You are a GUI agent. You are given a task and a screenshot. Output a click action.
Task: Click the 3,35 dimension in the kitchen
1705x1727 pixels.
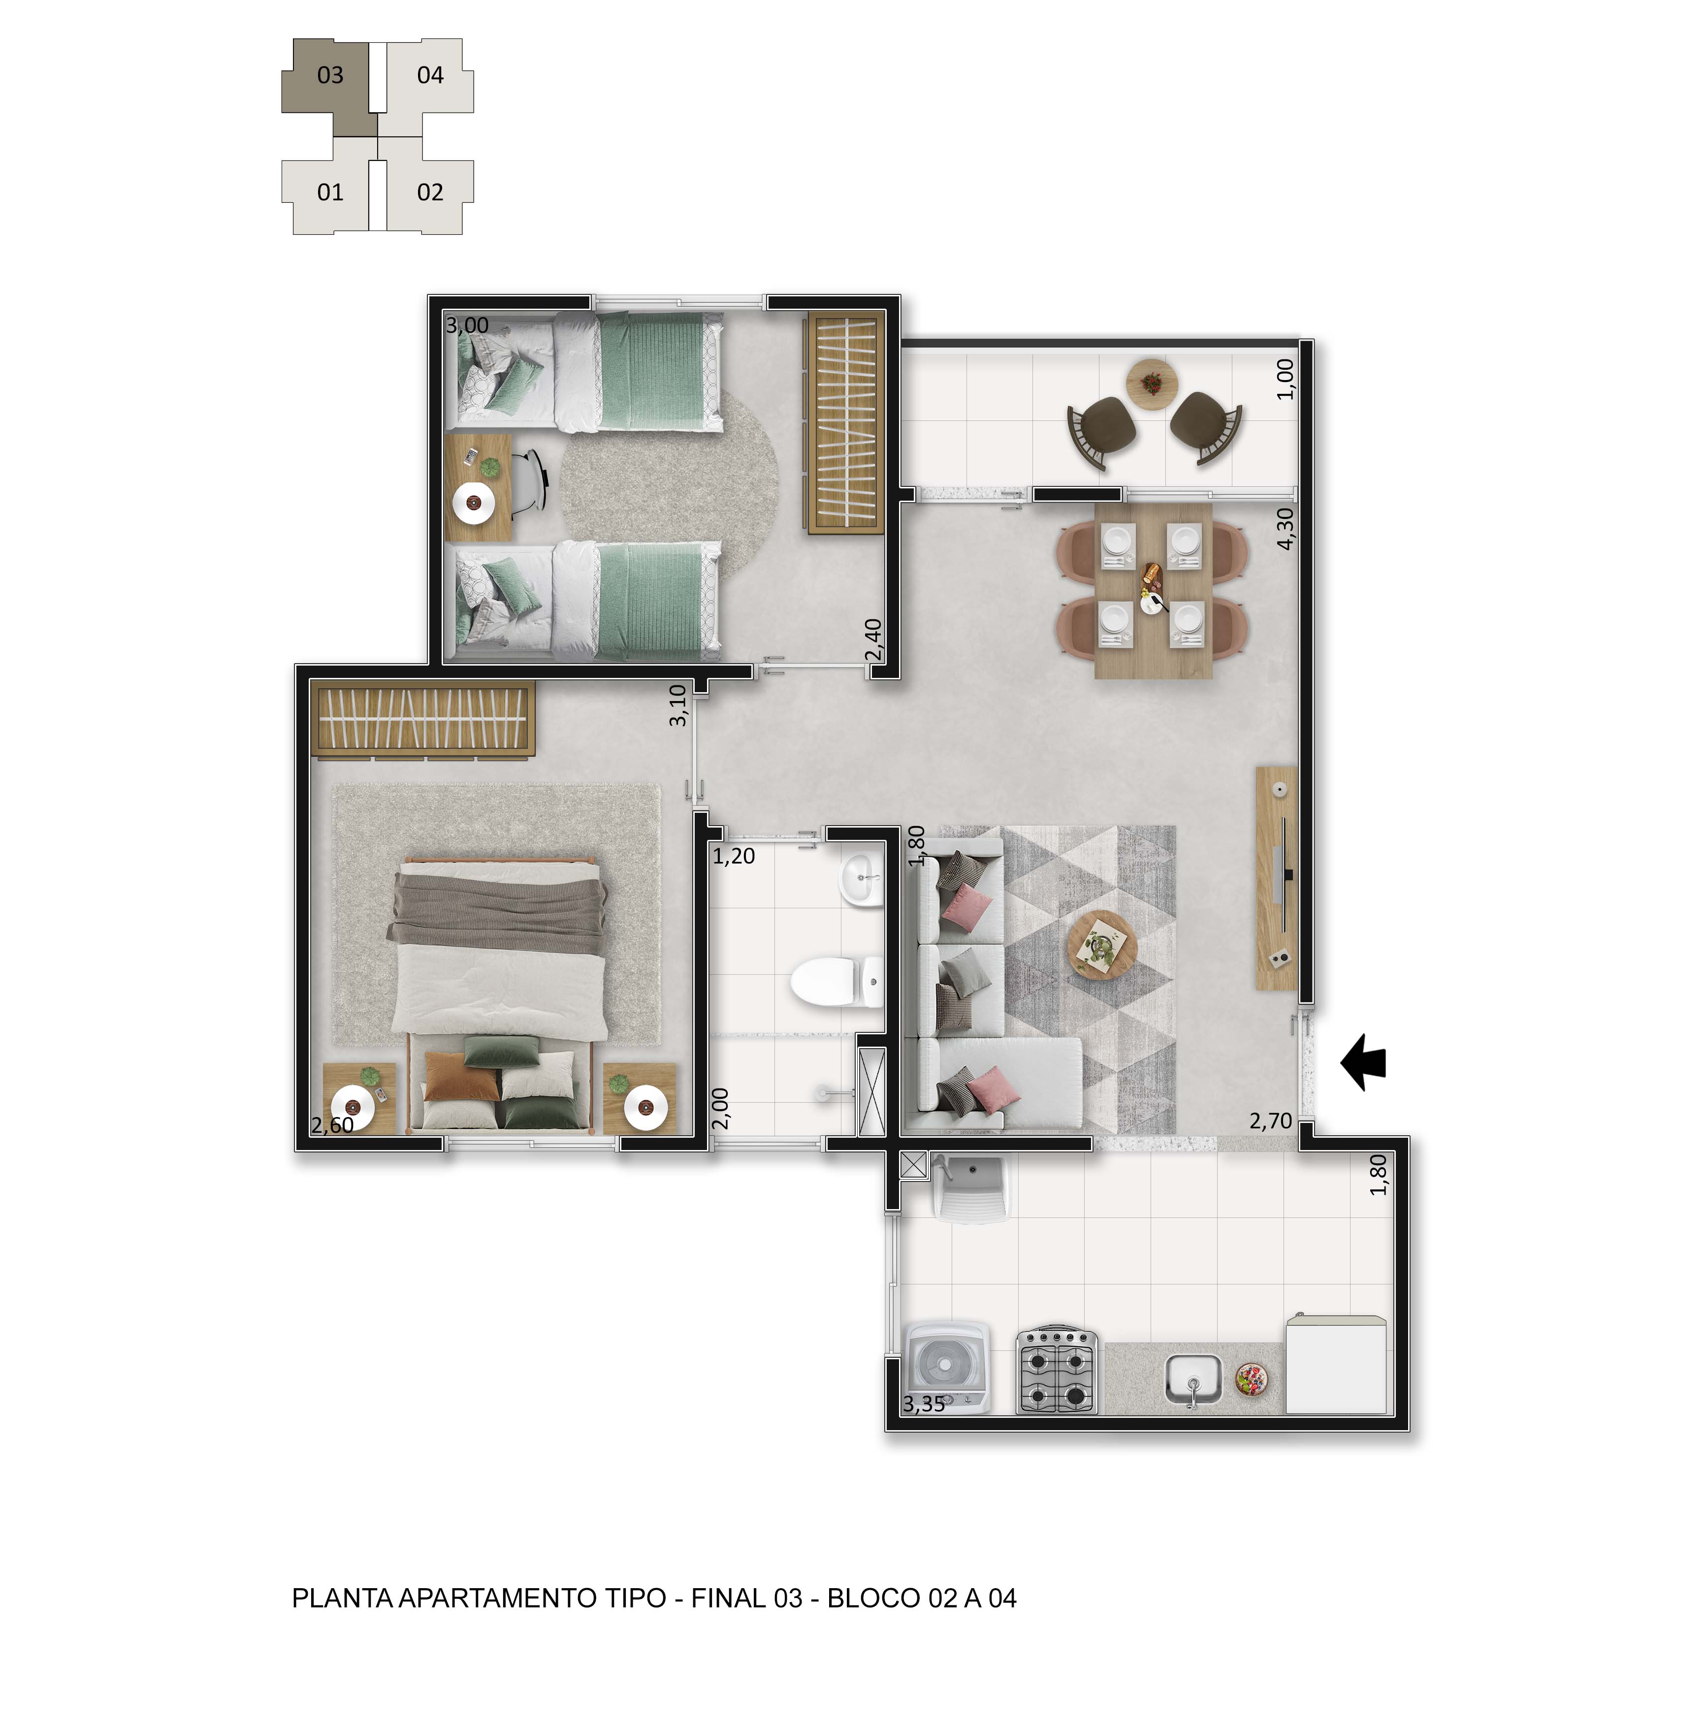coord(924,1405)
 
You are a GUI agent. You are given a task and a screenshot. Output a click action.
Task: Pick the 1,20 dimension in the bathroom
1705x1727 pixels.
coord(733,856)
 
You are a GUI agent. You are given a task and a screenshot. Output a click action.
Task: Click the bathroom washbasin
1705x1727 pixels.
coord(860,880)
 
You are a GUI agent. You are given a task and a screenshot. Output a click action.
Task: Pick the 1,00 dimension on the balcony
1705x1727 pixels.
coord(1285,379)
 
